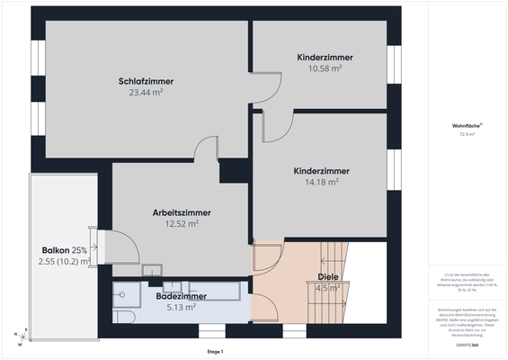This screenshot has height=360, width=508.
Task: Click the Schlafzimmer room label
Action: (x=145, y=81)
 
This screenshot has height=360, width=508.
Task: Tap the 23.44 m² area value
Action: (x=145, y=92)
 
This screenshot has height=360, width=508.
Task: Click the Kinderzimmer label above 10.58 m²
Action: (x=325, y=57)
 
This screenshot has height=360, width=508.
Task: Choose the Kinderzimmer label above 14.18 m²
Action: (x=321, y=170)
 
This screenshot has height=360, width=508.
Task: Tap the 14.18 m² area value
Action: (x=321, y=181)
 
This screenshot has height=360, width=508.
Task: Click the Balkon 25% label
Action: (x=64, y=249)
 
